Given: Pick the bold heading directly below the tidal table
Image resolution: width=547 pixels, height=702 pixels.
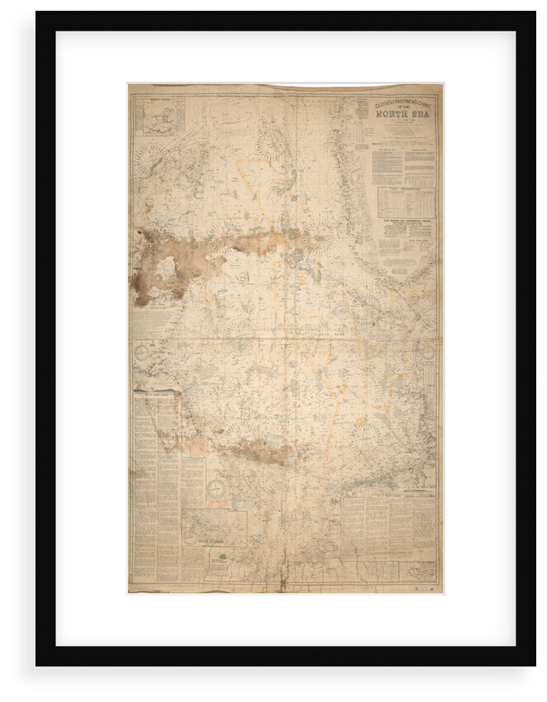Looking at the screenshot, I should [406, 221].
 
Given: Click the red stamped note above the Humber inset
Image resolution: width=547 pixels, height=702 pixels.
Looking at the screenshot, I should [195, 447].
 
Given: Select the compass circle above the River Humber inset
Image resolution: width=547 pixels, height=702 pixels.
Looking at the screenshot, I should [216, 489].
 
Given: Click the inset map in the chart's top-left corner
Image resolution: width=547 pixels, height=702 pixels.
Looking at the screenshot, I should [162, 116].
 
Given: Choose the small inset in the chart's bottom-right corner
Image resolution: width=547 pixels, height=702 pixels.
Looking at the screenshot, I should [417, 571].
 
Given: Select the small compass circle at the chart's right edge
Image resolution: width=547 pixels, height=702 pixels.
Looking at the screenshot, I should [428, 351].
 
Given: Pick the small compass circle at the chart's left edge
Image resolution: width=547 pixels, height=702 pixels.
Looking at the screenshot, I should [142, 351].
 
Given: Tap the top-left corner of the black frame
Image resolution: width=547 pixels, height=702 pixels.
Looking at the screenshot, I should [37, 13].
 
